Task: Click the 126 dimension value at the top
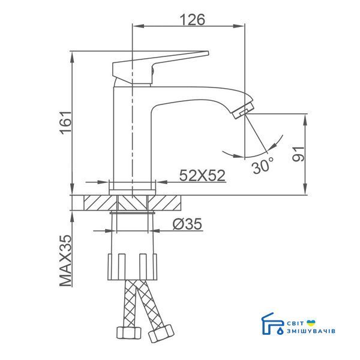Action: coord(192,20)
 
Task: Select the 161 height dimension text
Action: coord(65,123)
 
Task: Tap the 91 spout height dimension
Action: coord(299,154)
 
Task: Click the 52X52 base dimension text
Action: coord(202,176)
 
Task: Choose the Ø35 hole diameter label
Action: coord(187,224)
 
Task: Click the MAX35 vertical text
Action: coord(66,260)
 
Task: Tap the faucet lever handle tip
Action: coord(208,53)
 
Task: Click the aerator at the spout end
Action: coord(242,110)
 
